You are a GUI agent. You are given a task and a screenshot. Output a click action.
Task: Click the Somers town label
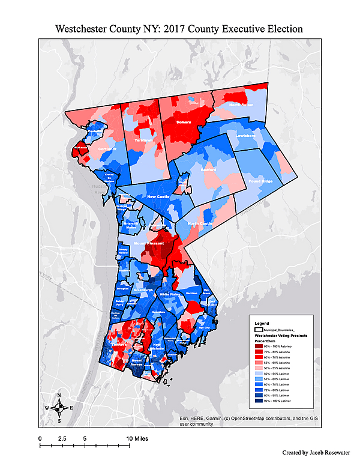[184, 122]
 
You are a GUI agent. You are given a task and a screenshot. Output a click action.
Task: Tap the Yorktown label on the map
[143, 139]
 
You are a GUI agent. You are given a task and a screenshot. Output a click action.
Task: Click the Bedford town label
[208, 171]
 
